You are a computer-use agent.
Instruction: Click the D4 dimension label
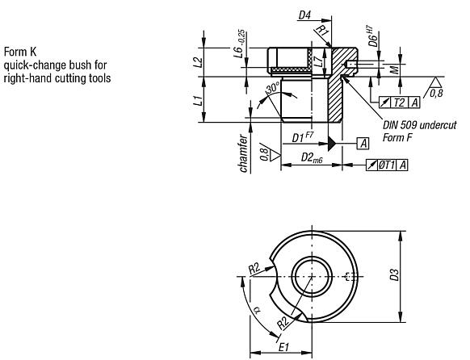click(304, 14)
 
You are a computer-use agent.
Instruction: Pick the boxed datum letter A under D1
click(363, 143)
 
